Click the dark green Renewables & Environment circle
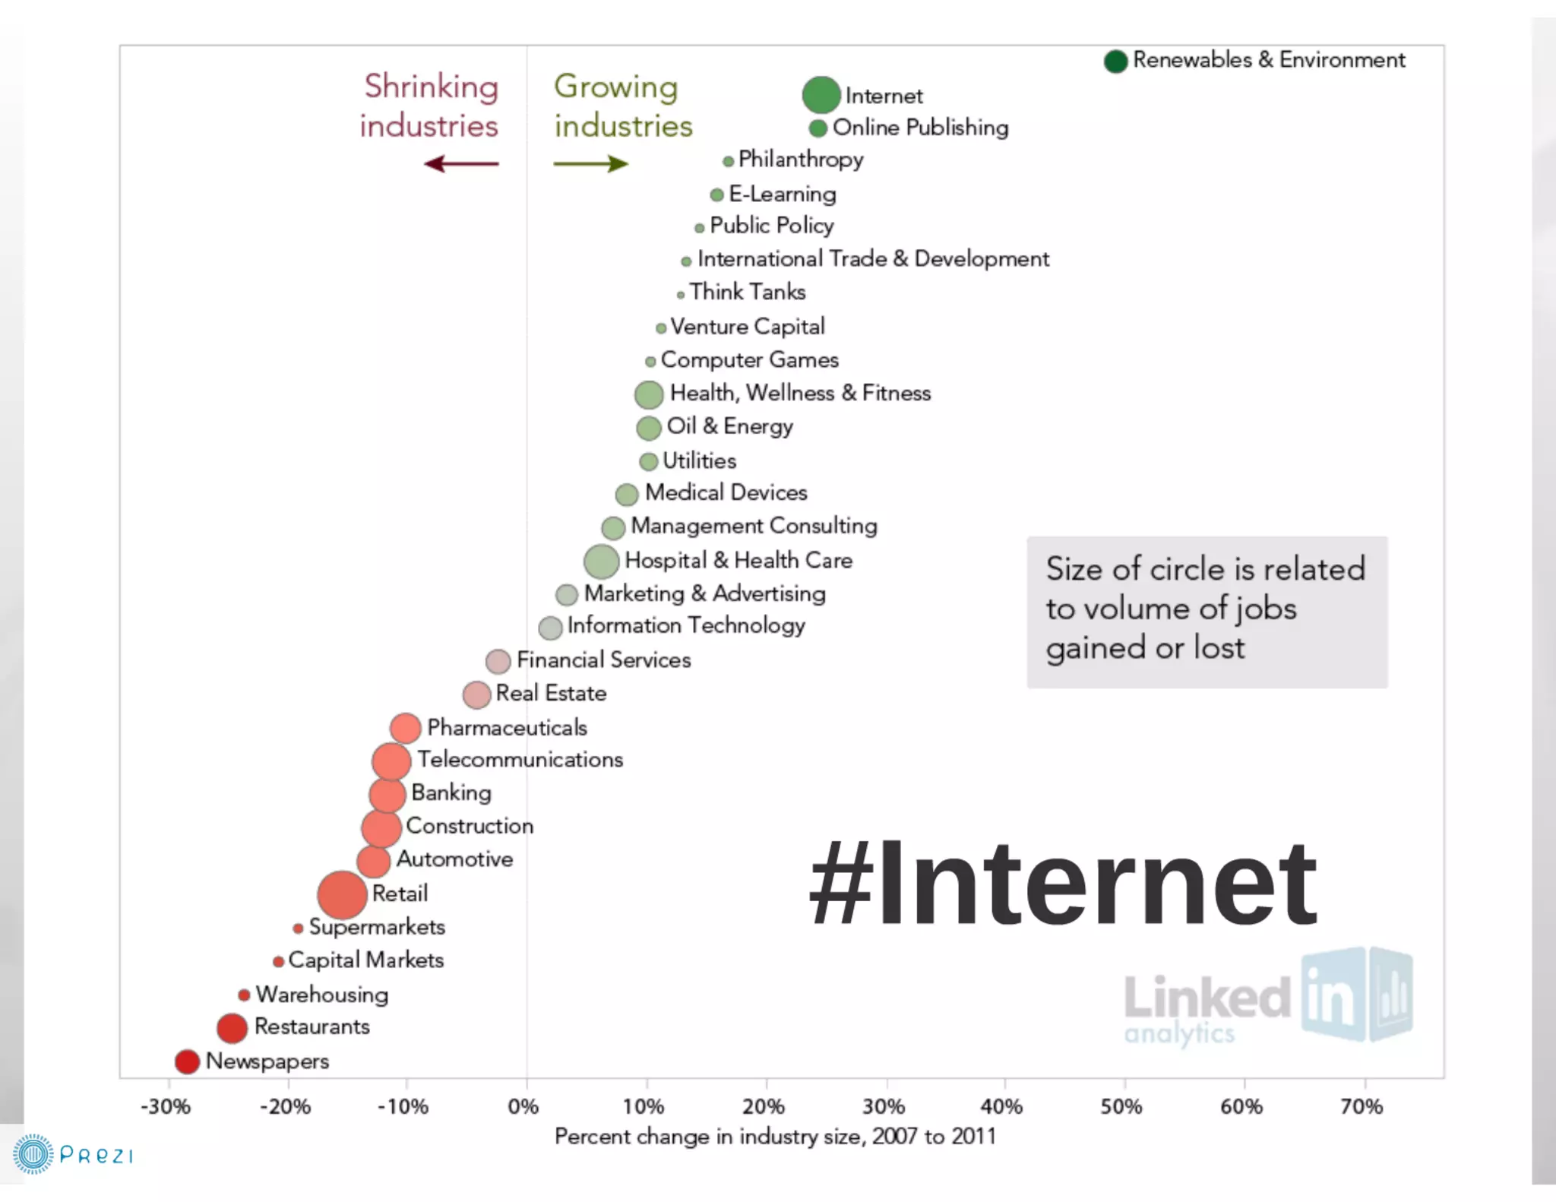[x=1115, y=61]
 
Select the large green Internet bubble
[x=821, y=95]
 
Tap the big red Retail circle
[x=342, y=894]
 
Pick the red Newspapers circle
[x=187, y=1061]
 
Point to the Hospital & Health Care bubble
[x=601, y=561]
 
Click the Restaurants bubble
[x=232, y=1027]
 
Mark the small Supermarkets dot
[x=298, y=928]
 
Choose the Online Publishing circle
[x=818, y=128]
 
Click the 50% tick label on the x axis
[x=1121, y=1106]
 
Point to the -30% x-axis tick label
[x=165, y=1106]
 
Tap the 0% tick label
[x=523, y=1106]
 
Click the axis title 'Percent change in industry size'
[x=775, y=1137]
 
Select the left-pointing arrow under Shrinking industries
[x=461, y=163]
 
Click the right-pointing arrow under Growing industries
[x=591, y=163]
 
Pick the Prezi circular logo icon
[x=33, y=1155]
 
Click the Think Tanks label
[x=748, y=292]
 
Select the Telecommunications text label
[x=520, y=759]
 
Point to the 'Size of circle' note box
[x=1207, y=612]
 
